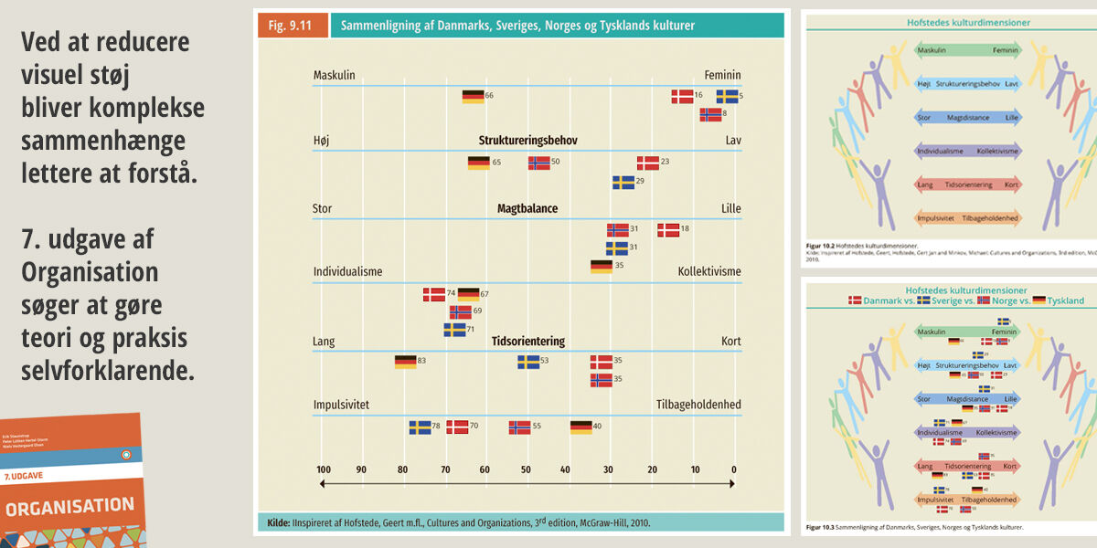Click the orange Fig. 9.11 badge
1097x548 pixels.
291,26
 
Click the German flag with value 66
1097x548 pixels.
473,96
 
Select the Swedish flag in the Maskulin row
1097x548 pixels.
727,96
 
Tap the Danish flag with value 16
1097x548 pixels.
682,96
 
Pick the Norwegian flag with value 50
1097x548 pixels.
539,163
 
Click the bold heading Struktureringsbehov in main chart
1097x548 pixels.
527,141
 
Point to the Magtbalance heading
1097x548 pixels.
527,208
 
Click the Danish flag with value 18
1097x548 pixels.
668,230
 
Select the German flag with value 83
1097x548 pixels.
405,362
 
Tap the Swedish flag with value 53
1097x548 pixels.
528,362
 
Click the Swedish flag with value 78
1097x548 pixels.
420,427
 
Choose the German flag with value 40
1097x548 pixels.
580,427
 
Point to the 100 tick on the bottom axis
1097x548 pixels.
324,469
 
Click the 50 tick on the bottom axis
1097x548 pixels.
526,469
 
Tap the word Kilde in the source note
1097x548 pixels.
278,522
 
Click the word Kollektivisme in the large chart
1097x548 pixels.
709,272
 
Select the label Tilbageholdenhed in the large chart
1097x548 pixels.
698,405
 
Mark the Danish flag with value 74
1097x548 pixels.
433,294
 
